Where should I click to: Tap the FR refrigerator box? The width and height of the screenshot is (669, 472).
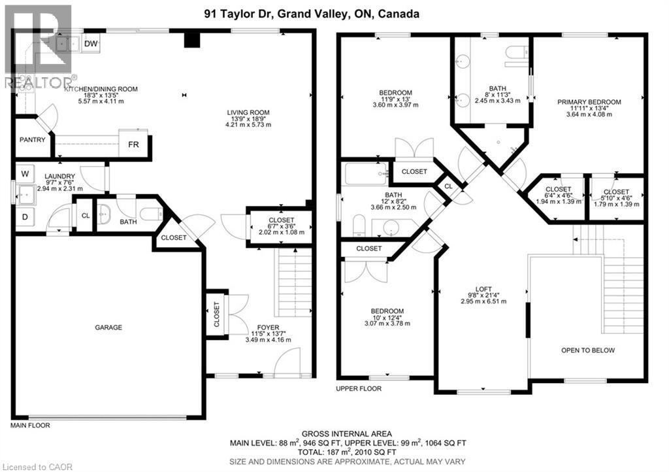coord(133,144)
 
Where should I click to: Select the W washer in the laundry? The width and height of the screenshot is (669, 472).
coord(25,174)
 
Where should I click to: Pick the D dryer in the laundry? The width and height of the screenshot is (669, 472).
coord(25,216)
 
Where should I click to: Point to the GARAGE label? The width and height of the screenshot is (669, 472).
coord(108,328)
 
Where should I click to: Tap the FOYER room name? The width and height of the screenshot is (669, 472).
coord(268,327)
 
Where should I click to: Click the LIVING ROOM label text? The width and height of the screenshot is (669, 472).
coord(248,112)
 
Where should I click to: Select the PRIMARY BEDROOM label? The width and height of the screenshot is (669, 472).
coord(589,102)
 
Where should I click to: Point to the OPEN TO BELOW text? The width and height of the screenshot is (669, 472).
coord(588,350)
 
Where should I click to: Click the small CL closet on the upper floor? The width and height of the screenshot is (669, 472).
coord(448,186)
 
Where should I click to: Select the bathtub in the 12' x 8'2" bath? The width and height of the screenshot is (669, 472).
coord(366,175)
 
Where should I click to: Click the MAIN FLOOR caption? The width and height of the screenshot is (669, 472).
coord(30,426)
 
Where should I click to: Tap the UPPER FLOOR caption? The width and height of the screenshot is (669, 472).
coord(359,388)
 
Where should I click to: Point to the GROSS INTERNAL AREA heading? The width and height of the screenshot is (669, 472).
coord(347,433)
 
